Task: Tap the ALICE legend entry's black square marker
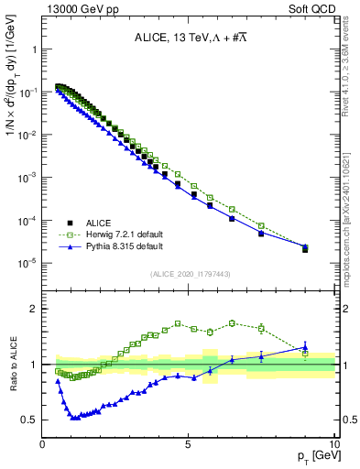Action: [70, 222]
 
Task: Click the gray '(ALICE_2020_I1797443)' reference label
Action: [189, 274]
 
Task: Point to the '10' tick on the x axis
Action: [333, 444]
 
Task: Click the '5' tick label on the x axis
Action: [188, 444]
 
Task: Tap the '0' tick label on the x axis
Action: [43, 444]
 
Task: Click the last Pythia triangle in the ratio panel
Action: [305, 346]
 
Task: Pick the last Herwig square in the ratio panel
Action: [305, 354]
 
